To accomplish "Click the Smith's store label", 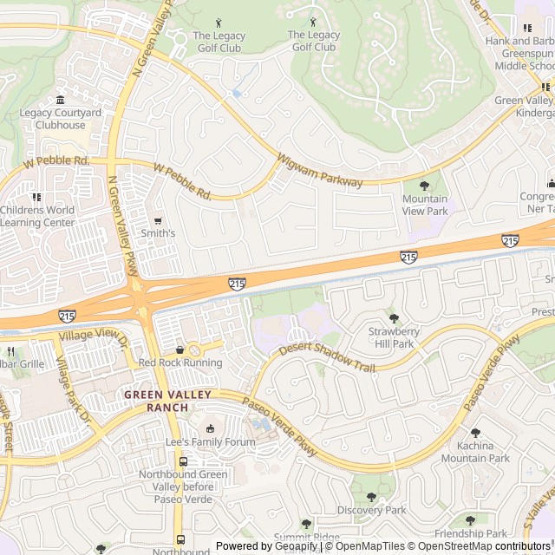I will pos(158,233).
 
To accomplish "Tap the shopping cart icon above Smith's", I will pos(158,220).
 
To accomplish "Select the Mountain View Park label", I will pos(425,206).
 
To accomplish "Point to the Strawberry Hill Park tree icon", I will pos(395,318).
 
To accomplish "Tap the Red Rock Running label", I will pos(180,362).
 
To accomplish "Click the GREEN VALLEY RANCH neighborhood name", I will pos(167,401).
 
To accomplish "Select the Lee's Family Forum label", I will pos(211,442).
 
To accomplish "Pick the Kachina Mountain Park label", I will pos(475,452).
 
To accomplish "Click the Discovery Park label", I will pos(371,510).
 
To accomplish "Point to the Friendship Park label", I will pos(470,533).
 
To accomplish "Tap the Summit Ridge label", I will pos(307,538).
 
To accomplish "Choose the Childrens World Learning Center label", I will pos(37,216).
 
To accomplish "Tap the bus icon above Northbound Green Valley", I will pos(182,461).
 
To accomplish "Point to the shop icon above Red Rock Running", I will pos(180,349).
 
